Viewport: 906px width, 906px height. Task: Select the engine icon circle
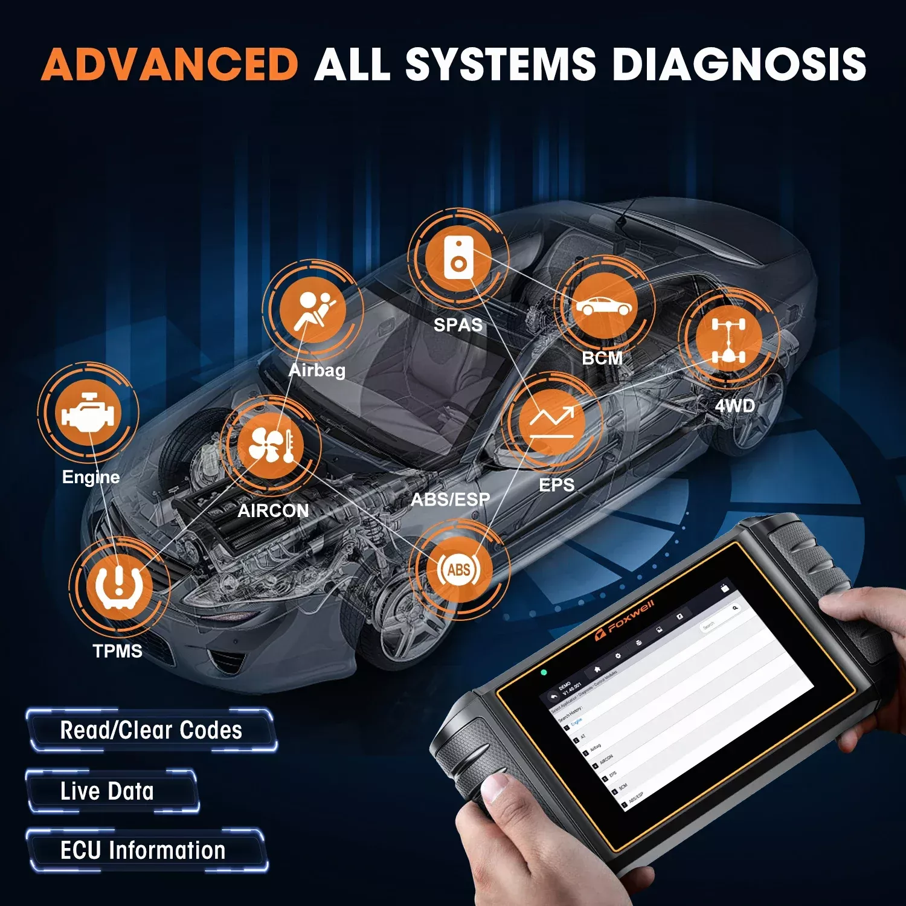[88, 413]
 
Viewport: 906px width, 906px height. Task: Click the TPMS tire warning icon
[119, 586]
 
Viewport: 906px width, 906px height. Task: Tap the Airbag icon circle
[313, 310]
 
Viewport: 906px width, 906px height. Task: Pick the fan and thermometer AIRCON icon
[270, 446]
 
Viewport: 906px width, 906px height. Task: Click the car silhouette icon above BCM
[604, 306]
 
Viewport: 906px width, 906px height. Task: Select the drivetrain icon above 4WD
[728, 339]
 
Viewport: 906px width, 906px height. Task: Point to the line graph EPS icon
[551, 422]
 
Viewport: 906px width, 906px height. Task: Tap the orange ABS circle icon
[459, 570]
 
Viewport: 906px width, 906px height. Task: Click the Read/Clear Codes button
[151, 731]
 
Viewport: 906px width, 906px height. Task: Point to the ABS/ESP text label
[451, 500]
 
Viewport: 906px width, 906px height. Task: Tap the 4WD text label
[734, 406]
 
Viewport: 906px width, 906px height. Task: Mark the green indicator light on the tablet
[544, 672]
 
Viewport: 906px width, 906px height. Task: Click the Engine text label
[91, 477]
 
